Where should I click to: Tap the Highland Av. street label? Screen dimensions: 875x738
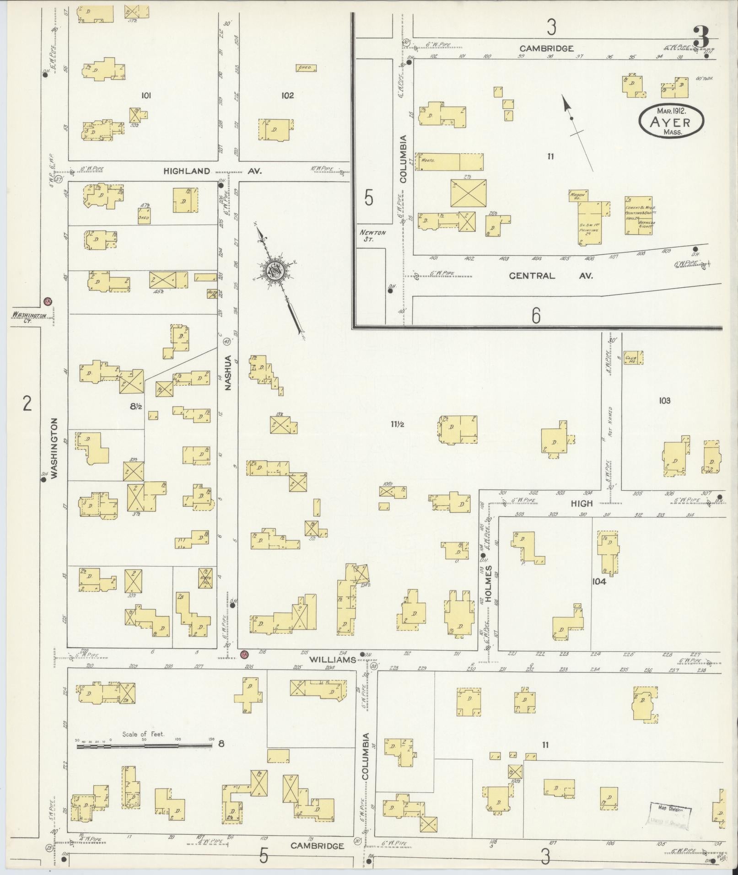pyautogui.click(x=213, y=171)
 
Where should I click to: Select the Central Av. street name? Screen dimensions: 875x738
pyautogui.click(x=550, y=276)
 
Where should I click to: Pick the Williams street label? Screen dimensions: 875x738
pyautogui.click(x=332, y=660)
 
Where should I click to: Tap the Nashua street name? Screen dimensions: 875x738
pyautogui.click(x=228, y=372)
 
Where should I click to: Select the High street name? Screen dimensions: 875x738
pyautogui.click(x=582, y=503)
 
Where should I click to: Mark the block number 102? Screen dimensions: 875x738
pyautogui.click(x=287, y=96)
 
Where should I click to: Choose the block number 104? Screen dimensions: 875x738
pyautogui.click(x=598, y=581)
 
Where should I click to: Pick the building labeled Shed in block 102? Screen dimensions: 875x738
pyautogui.click(x=306, y=68)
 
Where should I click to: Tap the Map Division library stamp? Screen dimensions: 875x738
pyautogui.click(x=671, y=815)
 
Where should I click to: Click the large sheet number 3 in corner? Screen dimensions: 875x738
pyautogui.click(x=700, y=37)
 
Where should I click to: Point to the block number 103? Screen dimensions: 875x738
pyautogui.click(x=664, y=401)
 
